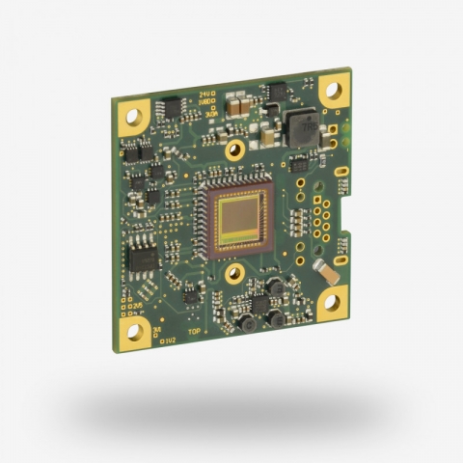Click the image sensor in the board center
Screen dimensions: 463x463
point(242,218)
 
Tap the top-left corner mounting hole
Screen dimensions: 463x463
point(133,119)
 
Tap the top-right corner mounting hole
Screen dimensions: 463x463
point(332,92)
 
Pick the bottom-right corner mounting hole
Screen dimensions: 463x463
point(331,302)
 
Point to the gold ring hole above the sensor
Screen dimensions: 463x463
point(233,150)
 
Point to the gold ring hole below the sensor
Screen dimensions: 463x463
point(233,274)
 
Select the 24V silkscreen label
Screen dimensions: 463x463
point(205,95)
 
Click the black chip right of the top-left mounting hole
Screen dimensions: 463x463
point(173,107)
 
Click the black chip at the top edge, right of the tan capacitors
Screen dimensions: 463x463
point(279,92)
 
